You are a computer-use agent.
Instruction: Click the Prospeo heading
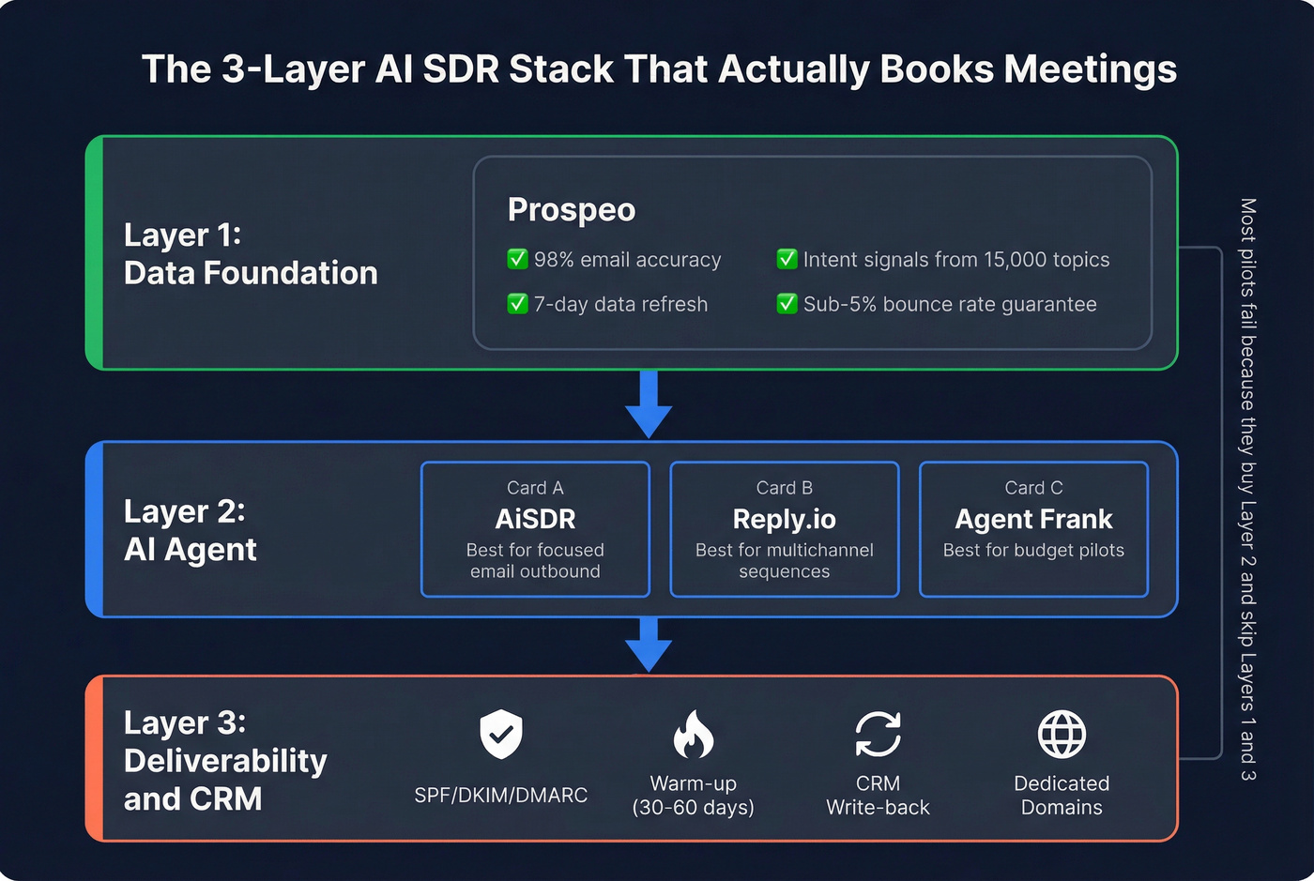click(571, 210)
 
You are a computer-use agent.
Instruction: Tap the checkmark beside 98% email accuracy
click(517, 259)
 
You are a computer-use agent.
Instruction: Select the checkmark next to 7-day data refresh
click(517, 304)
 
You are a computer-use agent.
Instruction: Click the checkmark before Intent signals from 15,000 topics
click(787, 259)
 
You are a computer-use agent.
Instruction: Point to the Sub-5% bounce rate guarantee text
click(949, 304)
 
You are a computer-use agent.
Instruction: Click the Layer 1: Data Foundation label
click(250, 253)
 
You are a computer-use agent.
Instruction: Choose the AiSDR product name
click(535, 519)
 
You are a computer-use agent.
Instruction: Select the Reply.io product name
click(784, 519)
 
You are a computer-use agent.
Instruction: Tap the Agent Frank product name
click(1033, 519)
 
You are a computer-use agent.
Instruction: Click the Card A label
click(535, 488)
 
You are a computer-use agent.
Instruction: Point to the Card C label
click(1033, 488)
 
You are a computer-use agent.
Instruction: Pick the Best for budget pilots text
click(1033, 551)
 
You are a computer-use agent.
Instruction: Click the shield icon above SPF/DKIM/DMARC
click(501, 734)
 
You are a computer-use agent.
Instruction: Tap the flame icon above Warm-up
click(693, 734)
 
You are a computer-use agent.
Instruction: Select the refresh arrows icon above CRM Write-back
click(878, 734)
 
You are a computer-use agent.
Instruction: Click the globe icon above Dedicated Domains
click(1062, 734)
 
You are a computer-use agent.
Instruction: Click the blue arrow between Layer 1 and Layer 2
click(649, 403)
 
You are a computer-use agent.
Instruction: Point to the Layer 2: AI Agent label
click(190, 530)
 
